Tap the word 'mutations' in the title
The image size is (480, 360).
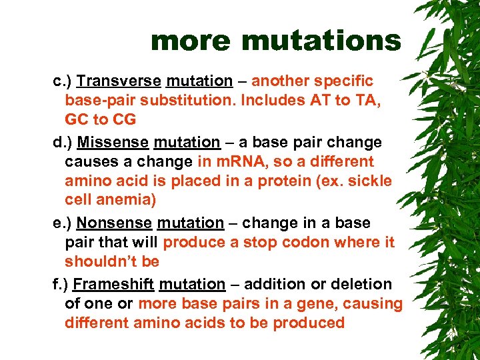321,41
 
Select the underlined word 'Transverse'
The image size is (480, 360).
119,81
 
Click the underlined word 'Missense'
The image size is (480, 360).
113,143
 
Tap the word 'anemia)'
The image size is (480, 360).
121,200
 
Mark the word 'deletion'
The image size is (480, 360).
363,284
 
